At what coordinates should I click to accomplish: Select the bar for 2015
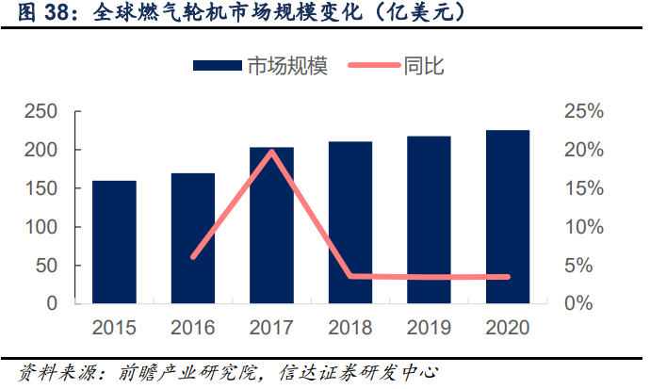click(x=114, y=242)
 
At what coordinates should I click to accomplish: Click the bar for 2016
click(x=193, y=238)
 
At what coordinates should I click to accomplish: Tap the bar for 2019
click(x=429, y=219)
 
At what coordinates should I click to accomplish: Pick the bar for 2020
click(x=508, y=217)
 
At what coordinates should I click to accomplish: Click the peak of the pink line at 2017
click(x=271, y=151)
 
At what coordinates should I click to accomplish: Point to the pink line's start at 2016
click(x=193, y=256)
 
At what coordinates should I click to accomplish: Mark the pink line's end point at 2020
click(x=508, y=277)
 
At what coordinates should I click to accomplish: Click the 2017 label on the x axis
click(x=271, y=328)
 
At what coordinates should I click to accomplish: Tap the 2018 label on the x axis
click(x=349, y=328)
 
